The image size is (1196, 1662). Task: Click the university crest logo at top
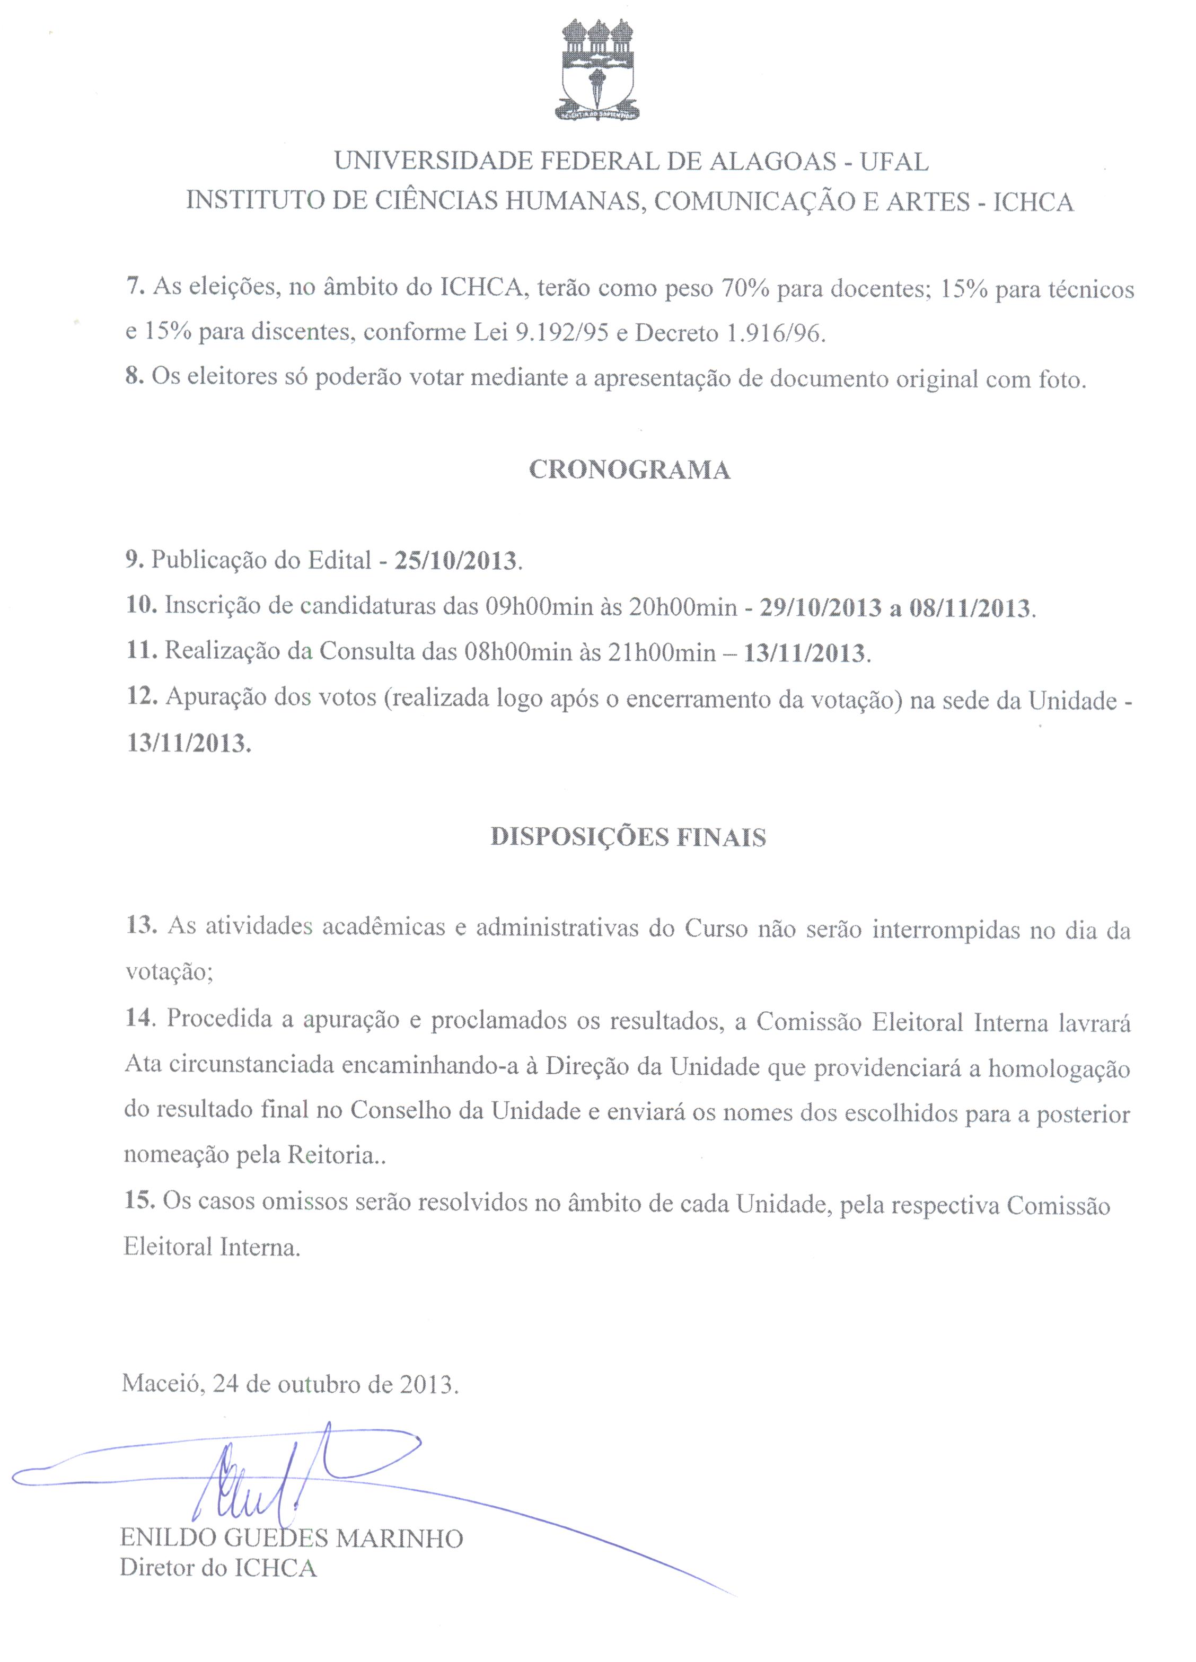597,69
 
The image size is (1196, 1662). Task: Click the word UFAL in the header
894,162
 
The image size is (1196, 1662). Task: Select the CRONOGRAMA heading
629,470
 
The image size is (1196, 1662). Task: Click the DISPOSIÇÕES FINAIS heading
628,837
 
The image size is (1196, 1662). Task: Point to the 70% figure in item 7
745,289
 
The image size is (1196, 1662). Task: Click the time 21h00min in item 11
661,651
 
